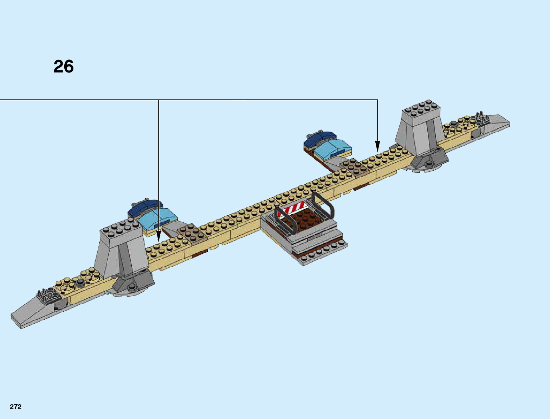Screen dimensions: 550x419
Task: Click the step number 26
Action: tap(64, 66)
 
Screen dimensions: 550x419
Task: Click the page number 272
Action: tap(16, 407)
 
